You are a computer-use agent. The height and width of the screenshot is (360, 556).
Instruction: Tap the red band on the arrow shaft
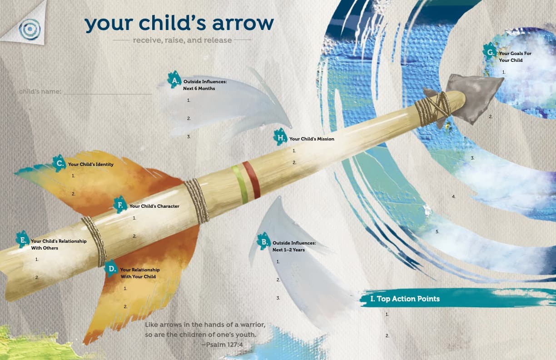tap(251, 180)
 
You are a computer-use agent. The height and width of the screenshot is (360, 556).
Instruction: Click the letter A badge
tap(174, 80)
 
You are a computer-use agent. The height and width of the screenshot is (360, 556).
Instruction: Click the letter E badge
tap(22, 240)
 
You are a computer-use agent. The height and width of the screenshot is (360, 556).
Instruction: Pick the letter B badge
tap(263, 241)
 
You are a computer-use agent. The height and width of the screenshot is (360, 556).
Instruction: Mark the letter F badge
tap(120, 205)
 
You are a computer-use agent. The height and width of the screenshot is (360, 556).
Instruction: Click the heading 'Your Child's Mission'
tap(312, 139)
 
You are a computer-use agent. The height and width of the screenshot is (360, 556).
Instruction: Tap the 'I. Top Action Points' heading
tap(405, 299)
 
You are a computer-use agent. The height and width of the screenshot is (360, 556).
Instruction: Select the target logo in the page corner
tap(30, 29)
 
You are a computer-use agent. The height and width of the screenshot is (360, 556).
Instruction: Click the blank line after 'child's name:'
tap(108, 92)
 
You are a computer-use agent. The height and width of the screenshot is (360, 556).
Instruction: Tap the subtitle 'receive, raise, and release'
tap(182, 40)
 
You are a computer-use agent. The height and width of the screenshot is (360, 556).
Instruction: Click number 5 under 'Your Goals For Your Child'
tap(437, 232)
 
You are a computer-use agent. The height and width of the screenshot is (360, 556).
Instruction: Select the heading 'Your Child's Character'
tap(154, 206)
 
